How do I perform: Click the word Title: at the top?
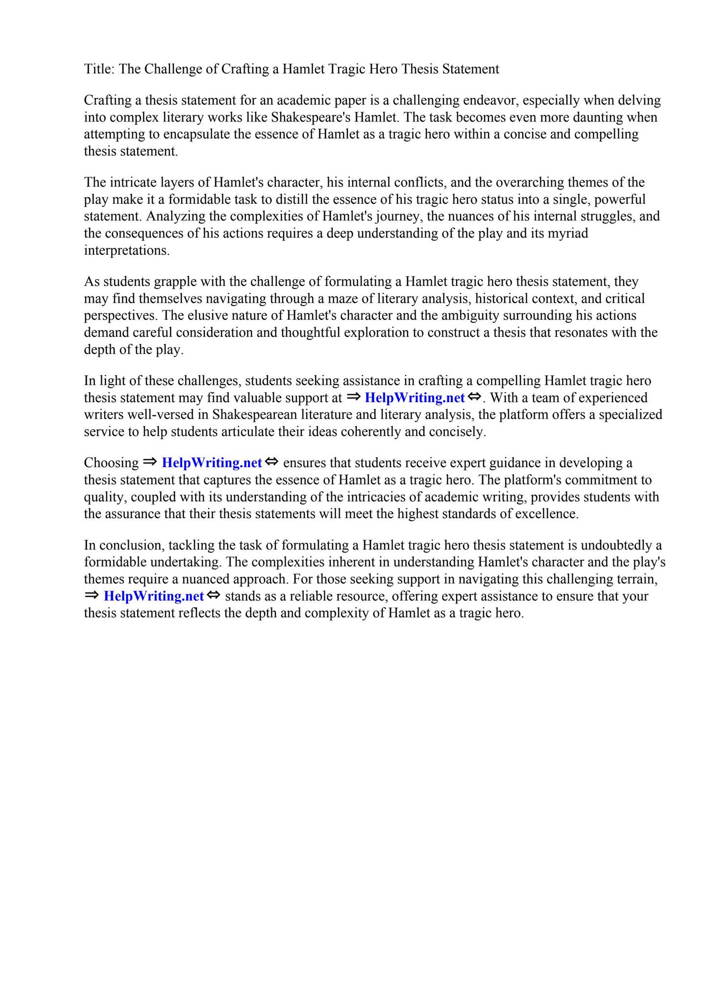99,69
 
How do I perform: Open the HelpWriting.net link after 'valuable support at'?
415,398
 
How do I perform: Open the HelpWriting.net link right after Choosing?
212,463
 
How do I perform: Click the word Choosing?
111,463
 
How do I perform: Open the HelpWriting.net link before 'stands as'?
154,597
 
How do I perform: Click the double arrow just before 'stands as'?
214,596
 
